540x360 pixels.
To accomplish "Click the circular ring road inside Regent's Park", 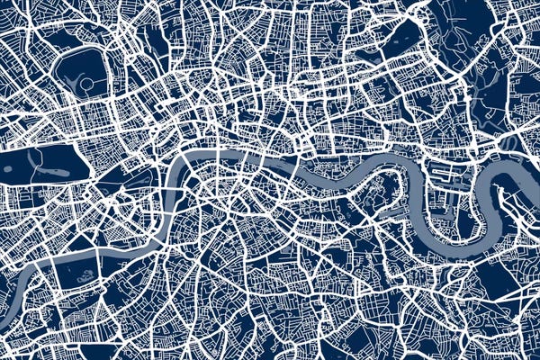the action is [87, 84].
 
